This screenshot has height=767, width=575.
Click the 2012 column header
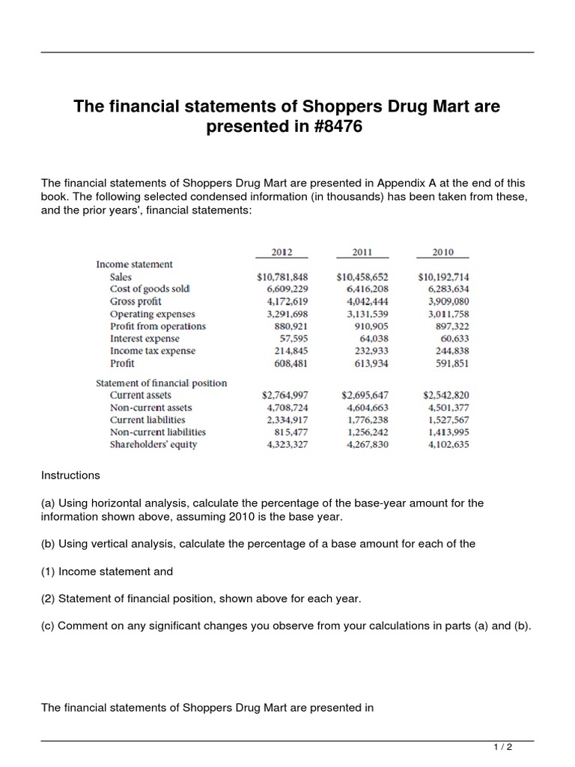[x=282, y=252]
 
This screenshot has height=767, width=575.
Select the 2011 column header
[x=363, y=252]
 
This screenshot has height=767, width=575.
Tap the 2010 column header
[x=444, y=252]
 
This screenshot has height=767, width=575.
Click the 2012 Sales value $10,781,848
[x=282, y=276]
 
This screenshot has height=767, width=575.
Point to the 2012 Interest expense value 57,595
[x=293, y=339]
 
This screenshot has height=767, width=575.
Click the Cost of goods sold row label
[x=150, y=289]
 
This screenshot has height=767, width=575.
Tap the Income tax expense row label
[x=153, y=351]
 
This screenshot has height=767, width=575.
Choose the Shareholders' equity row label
[x=153, y=444]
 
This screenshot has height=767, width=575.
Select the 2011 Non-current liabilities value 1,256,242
[x=368, y=432]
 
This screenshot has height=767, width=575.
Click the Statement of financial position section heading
[x=161, y=383]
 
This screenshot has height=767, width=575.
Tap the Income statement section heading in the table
[x=134, y=264]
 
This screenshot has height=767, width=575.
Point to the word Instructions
[x=70, y=476]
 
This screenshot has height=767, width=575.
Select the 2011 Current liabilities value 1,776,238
[x=368, y=419]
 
